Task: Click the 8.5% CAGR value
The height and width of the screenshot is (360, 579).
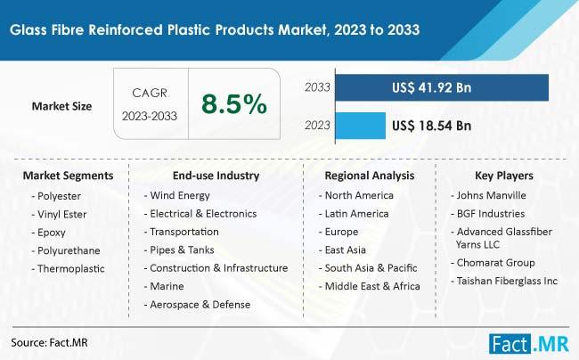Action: point(234,103)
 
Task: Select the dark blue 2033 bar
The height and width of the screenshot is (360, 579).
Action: point(442,87)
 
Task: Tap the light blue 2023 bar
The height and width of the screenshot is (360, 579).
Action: point(361,126)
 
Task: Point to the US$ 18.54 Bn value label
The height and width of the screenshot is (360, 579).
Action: point(431,126)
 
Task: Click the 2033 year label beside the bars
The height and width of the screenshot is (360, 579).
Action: point(317,87)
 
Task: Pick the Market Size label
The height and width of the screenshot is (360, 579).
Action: point(61,106)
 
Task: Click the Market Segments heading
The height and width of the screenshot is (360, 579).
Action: point(68,176)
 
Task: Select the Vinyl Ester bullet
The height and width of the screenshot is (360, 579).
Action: point(60,214)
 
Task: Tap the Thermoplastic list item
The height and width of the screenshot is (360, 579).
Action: point(69,268)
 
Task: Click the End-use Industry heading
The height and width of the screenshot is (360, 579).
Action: point(216,176)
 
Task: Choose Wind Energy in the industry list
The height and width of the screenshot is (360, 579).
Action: point(177,195)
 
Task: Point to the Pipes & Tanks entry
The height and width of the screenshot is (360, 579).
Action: point(179,250)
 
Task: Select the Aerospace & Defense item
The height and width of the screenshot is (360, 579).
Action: point(197,305)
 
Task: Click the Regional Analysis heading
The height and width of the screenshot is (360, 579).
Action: point(370,176)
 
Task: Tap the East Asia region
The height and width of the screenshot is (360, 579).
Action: point(342,250)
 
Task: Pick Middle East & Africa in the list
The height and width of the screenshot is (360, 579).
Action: point(370,286)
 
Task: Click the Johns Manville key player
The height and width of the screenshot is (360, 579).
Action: point(488,195)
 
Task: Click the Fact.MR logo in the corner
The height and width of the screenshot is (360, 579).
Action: point(529,343)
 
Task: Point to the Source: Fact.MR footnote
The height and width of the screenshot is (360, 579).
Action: point(50,343)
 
